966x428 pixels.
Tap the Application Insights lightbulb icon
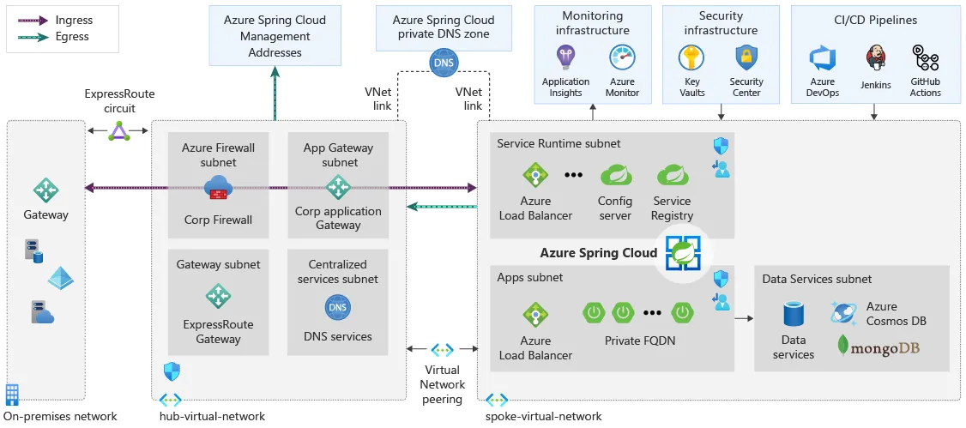[565, 58]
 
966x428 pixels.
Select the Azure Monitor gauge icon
[621, 58]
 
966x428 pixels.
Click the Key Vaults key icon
[692, 58]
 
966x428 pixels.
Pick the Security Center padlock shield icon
[746, 58]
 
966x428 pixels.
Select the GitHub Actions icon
[925, 58]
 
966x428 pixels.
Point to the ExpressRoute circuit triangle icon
[119, 131]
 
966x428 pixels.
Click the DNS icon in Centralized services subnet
[338, 307]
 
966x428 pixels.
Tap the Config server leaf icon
[615, 175]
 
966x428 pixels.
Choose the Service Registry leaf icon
[673, 175]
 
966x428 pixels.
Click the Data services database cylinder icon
[794, 314]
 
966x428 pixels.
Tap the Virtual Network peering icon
[443, 349]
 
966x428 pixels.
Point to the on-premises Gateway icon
[45, 190]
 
